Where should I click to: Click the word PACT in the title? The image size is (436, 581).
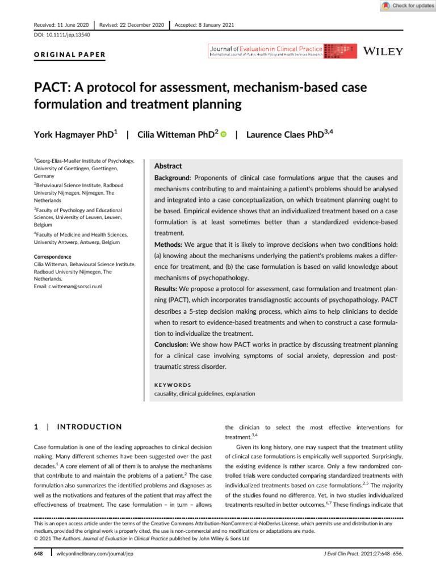[x=55, y=89]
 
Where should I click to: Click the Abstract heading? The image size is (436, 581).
[x=169, y=166]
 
